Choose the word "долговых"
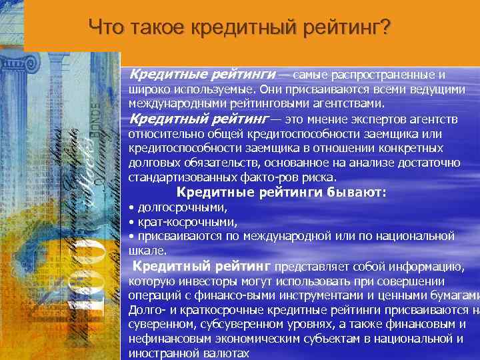151,163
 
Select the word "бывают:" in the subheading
357,193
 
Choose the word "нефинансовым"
165,339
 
